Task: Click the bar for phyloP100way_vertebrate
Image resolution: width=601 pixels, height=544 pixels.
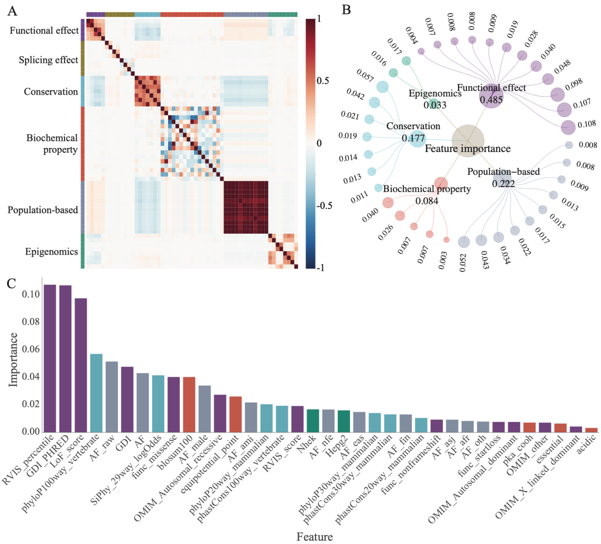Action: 96,392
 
